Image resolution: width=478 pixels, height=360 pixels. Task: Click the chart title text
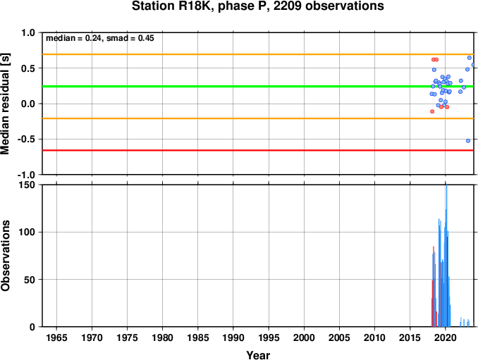pos(257,6)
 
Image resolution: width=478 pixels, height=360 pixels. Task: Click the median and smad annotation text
pos(100,38)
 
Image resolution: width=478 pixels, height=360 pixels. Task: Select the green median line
pos(258,87)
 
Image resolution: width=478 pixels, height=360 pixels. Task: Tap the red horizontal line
pos(258,151)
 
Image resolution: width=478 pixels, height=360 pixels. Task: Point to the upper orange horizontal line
pos(258,54)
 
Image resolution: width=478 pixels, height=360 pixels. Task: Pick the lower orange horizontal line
pos(258,118)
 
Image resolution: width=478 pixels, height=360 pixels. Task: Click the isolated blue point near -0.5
pos(468,141)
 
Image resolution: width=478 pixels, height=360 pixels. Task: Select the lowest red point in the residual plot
pos(432,111)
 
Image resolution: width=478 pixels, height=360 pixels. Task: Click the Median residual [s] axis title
pos(5,104)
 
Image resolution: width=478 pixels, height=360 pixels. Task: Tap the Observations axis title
pos(5,256)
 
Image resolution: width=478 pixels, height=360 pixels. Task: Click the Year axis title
pos(258,355)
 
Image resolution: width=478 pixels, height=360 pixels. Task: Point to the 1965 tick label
pos(56,337)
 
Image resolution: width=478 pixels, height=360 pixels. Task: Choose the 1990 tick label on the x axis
pos(233,337)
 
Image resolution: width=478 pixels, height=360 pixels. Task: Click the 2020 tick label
pos(446,337)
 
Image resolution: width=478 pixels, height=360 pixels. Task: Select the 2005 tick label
pos(339,337)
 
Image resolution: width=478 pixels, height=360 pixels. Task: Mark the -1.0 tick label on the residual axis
pos(27,175)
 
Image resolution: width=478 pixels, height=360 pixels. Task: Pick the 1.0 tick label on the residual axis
pos(29,32)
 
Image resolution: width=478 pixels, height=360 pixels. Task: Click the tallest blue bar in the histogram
pos(446,256)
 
